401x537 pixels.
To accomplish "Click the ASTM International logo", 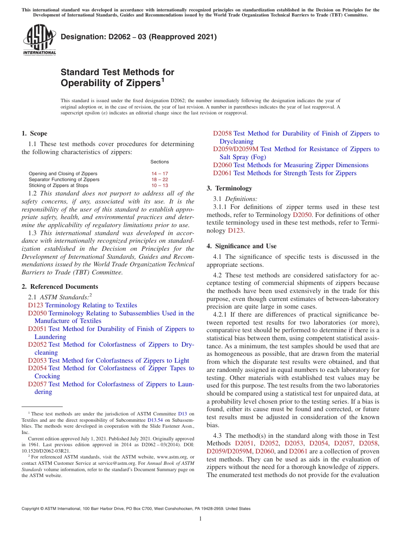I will [39, 40].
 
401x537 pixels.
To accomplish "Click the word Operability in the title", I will [84, 83].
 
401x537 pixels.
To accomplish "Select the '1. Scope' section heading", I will [34, 133].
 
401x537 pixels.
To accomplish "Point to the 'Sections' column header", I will [160, 162].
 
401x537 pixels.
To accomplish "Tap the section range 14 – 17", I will [160, 174].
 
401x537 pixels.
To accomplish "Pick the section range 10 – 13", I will [160, 185].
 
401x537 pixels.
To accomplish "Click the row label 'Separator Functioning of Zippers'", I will [64, 179].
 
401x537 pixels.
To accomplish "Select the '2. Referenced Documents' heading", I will [60, 287].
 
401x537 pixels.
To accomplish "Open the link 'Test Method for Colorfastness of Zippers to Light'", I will [119, 361].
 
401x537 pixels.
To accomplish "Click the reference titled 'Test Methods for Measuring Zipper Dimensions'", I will [301, 165].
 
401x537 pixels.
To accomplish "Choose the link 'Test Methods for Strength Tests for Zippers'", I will [295, 173].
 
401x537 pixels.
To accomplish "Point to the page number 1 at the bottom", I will [200, 519].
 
